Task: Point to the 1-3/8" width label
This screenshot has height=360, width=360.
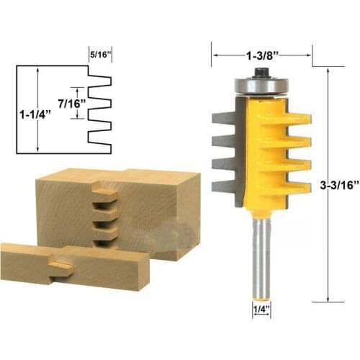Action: (261, 53)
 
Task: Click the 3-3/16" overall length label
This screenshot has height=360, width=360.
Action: (336, 186)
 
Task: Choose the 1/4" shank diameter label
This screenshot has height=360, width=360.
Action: (261, 312)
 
